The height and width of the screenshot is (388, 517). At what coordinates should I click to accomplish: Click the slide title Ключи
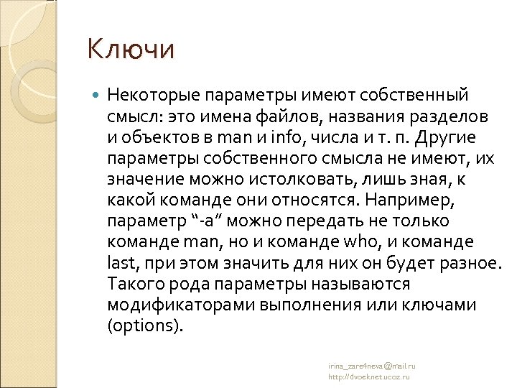click(x=131, y=50)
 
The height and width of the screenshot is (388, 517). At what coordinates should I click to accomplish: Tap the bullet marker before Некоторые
click(x=98, y=95)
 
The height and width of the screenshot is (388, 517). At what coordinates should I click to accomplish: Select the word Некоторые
click(x=153, y=95)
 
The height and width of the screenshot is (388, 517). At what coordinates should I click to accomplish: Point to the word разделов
click(x=454, y=116)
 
